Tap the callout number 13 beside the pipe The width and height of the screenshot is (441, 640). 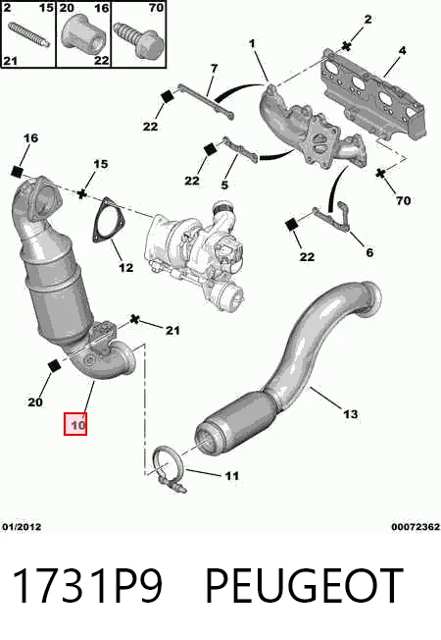351,414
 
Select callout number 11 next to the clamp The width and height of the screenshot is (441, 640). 231,475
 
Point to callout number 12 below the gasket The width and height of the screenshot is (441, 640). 126,267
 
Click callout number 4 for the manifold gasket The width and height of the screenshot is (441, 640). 402,51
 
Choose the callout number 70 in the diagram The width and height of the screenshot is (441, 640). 403,200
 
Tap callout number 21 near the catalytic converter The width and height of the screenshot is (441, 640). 172,330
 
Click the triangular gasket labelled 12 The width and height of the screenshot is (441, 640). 108,220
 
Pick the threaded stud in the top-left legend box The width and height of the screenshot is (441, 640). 28,34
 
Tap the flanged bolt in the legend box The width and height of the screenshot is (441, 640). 138,39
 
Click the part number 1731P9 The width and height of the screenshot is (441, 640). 87,585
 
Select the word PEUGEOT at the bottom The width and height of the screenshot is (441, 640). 305,585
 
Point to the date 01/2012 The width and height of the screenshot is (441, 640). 22,527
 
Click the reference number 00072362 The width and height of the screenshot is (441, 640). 416,527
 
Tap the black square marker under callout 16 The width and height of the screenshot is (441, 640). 17,172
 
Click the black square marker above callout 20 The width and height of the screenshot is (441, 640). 53,366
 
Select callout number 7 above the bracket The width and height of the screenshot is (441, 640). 215,68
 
